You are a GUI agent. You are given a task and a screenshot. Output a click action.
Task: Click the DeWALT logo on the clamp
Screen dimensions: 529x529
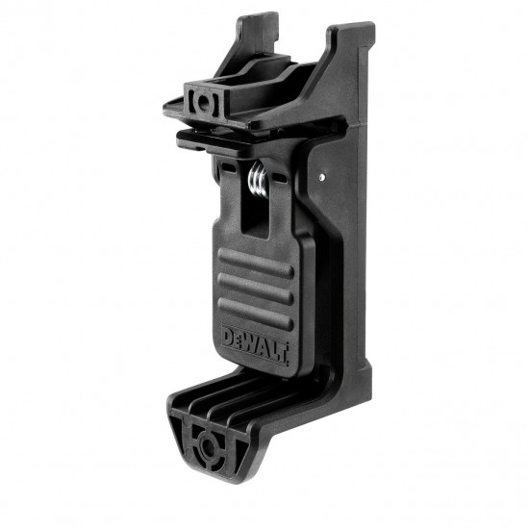pyautogui.click(x=255, y=338)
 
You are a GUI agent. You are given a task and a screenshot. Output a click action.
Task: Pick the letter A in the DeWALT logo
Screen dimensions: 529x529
pyautogui.click(x=264, y=338)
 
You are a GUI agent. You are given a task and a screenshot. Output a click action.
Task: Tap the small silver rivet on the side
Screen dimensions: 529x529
pyautogui.click(x=321, y=176)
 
